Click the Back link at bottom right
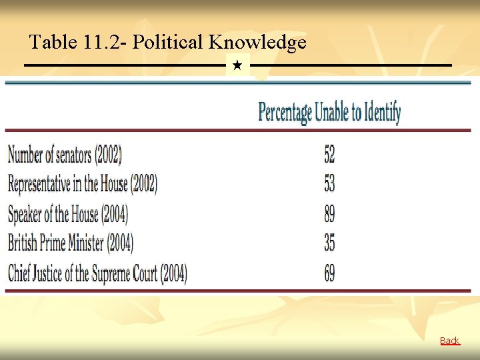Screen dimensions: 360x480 [449, 341]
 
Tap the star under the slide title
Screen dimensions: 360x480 [237, 66]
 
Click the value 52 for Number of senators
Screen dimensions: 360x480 [329, 155]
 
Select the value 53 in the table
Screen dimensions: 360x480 [329, 183]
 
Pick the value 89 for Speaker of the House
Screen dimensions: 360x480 [329, 214]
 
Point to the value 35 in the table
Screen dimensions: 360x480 [329, 243]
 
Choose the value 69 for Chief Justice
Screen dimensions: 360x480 [329, 273]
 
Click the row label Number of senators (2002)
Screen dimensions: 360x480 [65, 155]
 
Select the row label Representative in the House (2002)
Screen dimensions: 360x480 [83, 183]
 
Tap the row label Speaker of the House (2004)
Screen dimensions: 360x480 [68, 214]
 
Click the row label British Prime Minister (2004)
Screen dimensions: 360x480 [71, 243]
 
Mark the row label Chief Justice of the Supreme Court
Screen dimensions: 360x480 [97, 273]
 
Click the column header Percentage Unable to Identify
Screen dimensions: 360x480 [329, 112]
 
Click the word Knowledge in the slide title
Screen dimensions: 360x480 [257, 43]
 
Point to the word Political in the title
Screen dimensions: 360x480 [167, 43]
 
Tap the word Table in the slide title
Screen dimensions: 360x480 [53, 43]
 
